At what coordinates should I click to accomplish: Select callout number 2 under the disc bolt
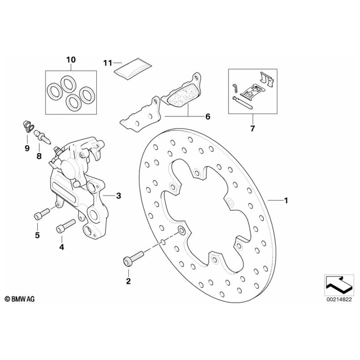pos(128,281)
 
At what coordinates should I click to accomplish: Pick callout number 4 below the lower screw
pos(62,246)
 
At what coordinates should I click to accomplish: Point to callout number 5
pos(37,235)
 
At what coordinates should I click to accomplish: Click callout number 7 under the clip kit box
pos(252,129)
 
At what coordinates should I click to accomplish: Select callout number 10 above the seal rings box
pos(70,59)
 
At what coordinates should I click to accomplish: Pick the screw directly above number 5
pos(41,214)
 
